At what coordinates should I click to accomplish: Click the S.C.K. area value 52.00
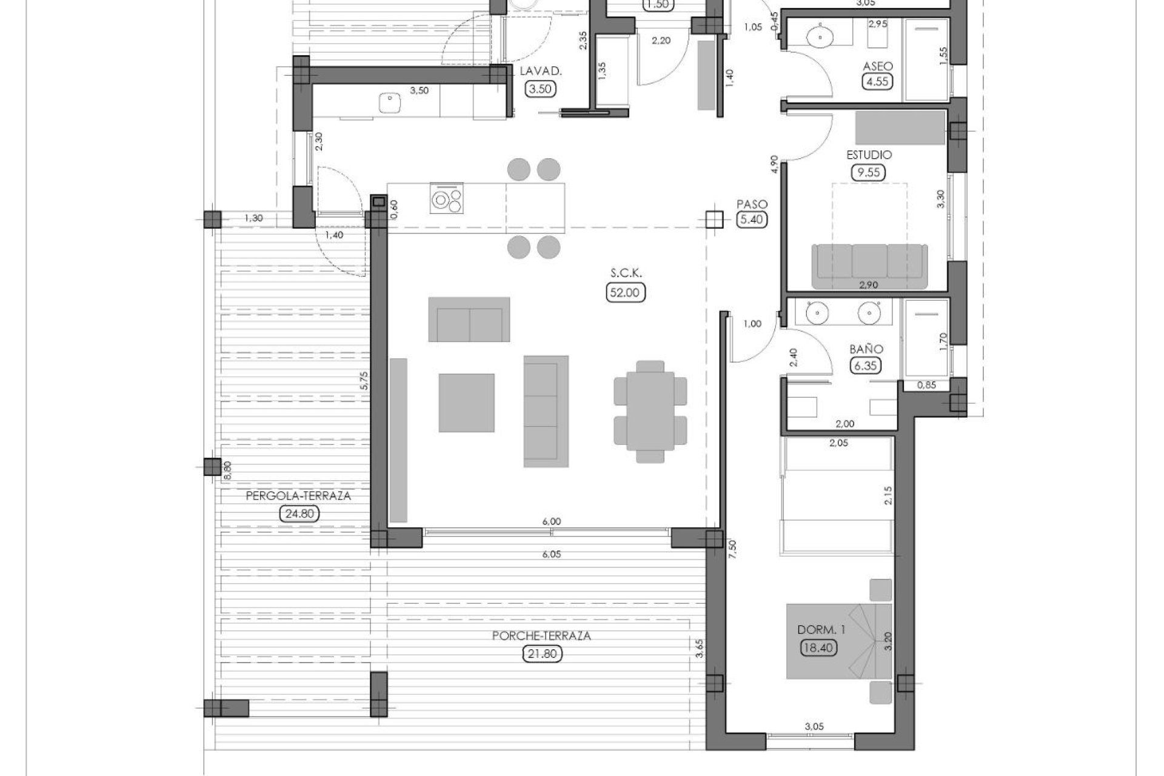click(x=625, y=293)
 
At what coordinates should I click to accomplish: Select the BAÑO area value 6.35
click(x=866, y=366)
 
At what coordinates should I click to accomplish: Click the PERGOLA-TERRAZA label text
click(x=298, y=496)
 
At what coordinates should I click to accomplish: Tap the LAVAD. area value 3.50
click(x=541, y=89)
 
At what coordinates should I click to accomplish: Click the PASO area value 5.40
click(x=751, y=219)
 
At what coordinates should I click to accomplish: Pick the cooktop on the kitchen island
click(x=447, y=199)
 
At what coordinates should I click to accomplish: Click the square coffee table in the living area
click(x=466, y=403)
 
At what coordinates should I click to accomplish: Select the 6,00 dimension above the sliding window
click(x=551, y=521)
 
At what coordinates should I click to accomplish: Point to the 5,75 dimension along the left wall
click(x=364, y=381)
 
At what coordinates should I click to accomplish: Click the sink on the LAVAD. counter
click(x=388, y=103)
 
